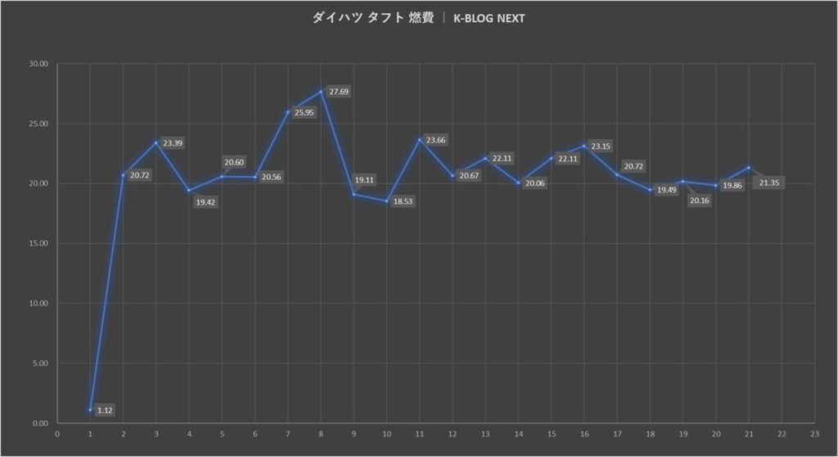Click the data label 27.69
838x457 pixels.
pos(339,92)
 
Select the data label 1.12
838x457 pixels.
pos(106,409)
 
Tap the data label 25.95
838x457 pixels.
pos(303,112)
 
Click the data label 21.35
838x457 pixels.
pos(769,183)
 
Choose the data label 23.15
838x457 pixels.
pos(601,147)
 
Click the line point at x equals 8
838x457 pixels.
pos(321,91)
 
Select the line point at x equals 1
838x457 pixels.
pos(90,409)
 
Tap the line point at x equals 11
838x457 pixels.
pos(420,139)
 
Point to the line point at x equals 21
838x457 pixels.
pos(749,168)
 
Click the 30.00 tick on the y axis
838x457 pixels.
pos(38,64)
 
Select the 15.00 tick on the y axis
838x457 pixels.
pos(38,243)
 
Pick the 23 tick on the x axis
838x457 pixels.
pos(814,435)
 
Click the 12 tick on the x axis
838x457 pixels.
pos(453,435)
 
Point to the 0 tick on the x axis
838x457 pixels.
pos(57,435)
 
